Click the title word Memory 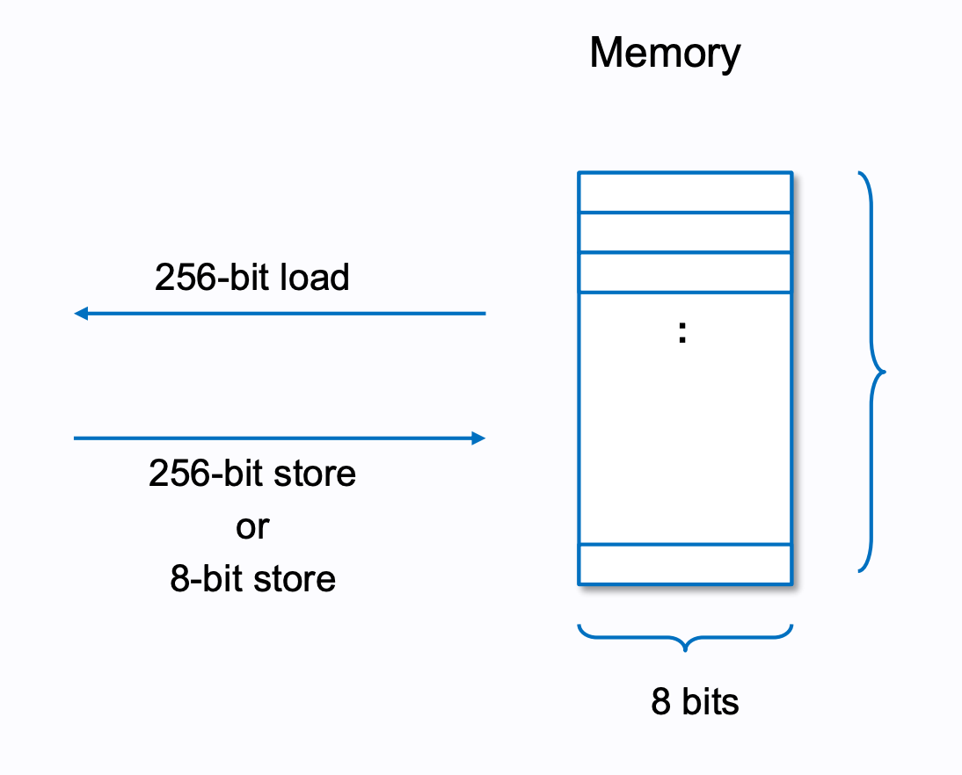(x=665, y=54)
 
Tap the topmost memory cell (x=685, y=192)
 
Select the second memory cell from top (x=685, y=232)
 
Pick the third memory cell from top (x=685, y=272)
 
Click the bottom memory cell (x=685, y=564)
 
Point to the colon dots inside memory (x=682, y=332)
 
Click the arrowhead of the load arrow (x=81, y=313)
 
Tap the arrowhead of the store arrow (x=478, y=438)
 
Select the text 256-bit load (x=252, y=278)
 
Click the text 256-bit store (x=252, y=474)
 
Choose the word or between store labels (x=252, y=527)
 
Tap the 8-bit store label (x=252, y=580)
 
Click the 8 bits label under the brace (x=695, y=703)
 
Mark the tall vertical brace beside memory (x=872, y=371)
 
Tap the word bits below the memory (x=710, y=703)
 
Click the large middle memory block (x=685, y=417)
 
